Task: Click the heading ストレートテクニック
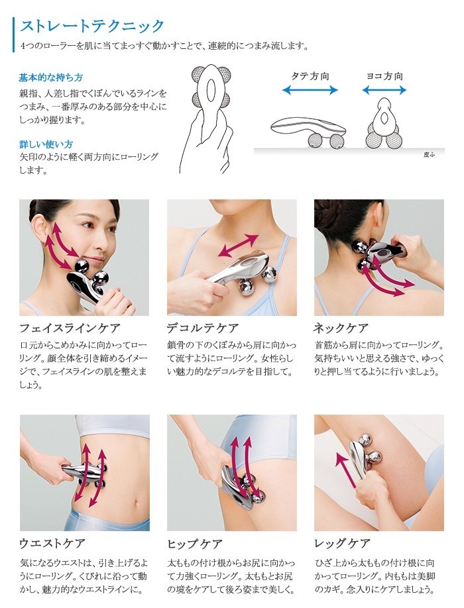[x=92, y=26]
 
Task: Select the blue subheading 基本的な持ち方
[x=50, y=77]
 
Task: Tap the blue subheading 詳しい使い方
[x=46, y=144]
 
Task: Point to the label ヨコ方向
[x=384, y=76]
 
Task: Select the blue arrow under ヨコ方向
[x=384, y=89]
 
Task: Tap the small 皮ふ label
[x=428, y=154]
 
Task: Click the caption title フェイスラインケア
[x=70, y=329]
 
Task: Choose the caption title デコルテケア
[x=203, y=329]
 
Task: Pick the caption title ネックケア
[x=341, y=329]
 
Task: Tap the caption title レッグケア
[x=342, y=544]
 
